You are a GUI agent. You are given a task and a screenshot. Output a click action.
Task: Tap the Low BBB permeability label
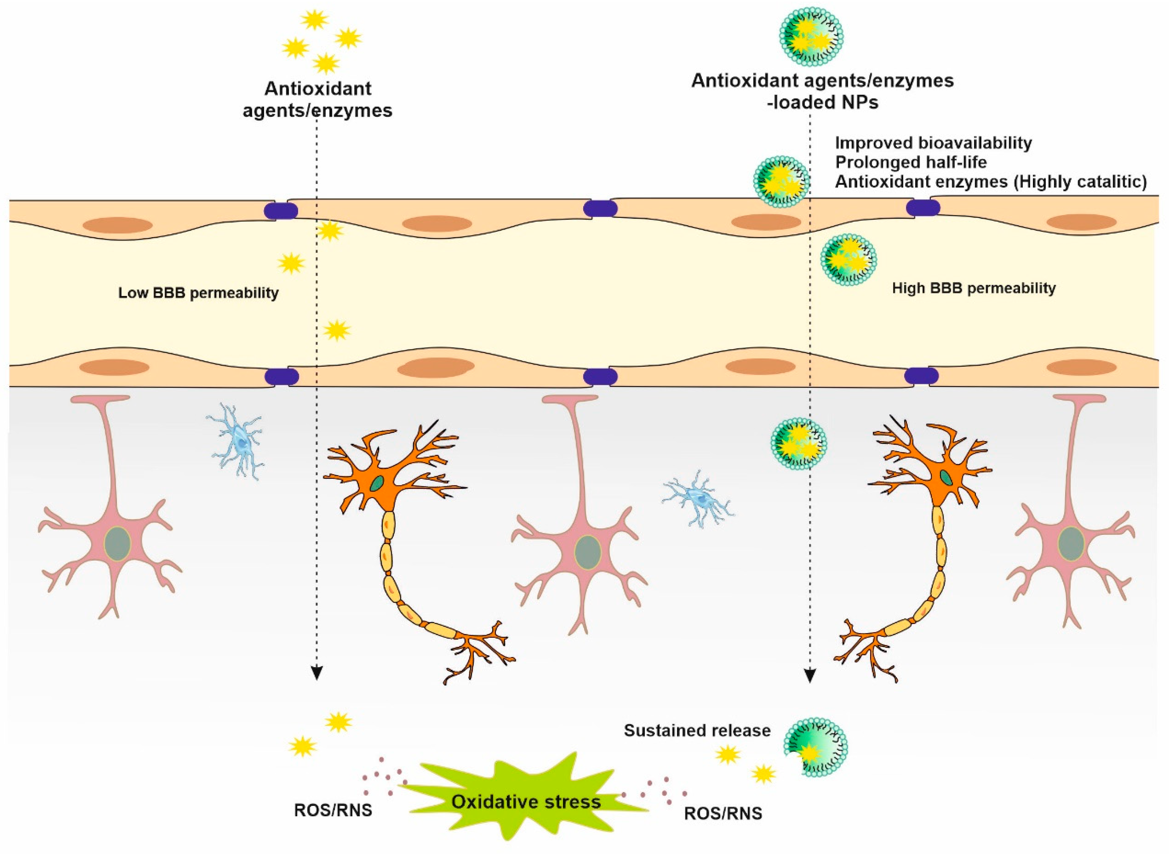(x=198, y=293)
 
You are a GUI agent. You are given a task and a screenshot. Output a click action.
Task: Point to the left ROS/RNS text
(x=333, y=810)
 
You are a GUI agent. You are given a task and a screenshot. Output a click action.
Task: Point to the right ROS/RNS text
(x=723, y=814)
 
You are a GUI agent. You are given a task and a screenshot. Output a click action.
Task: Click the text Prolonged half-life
(x=911, y=162)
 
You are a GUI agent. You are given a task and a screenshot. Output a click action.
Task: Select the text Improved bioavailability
(x=933, y=143)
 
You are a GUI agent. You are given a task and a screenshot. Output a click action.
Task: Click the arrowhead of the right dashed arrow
(x=810, y=676)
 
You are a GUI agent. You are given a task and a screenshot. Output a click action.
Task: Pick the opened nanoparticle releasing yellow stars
(x=815, y=746)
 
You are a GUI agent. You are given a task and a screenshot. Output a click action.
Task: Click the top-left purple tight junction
(x=281, y=211)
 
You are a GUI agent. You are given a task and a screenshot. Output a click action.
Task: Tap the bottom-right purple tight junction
(x=922, y=376)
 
